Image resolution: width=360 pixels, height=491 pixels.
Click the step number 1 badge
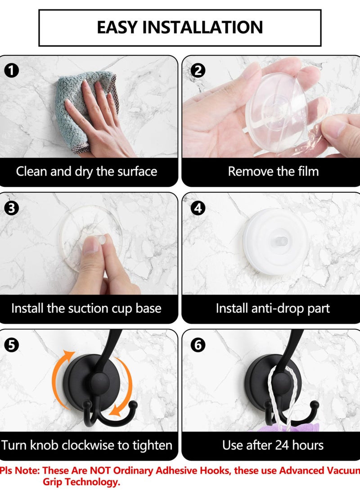[11, 71]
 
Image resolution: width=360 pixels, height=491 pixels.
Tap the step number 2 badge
[198, 71]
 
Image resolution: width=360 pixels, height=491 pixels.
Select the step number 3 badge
[11, 208]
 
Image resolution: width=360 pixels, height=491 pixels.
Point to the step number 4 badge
[198, 208]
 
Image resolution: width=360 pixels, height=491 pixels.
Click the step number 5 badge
[11, 345]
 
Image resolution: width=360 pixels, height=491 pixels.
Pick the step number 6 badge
[198, 345]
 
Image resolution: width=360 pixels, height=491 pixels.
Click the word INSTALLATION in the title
[202, 27]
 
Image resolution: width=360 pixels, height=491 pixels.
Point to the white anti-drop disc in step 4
[275, 242]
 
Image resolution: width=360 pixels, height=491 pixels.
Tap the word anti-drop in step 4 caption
[278, 308]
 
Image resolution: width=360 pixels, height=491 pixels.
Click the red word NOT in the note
[100, 470]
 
